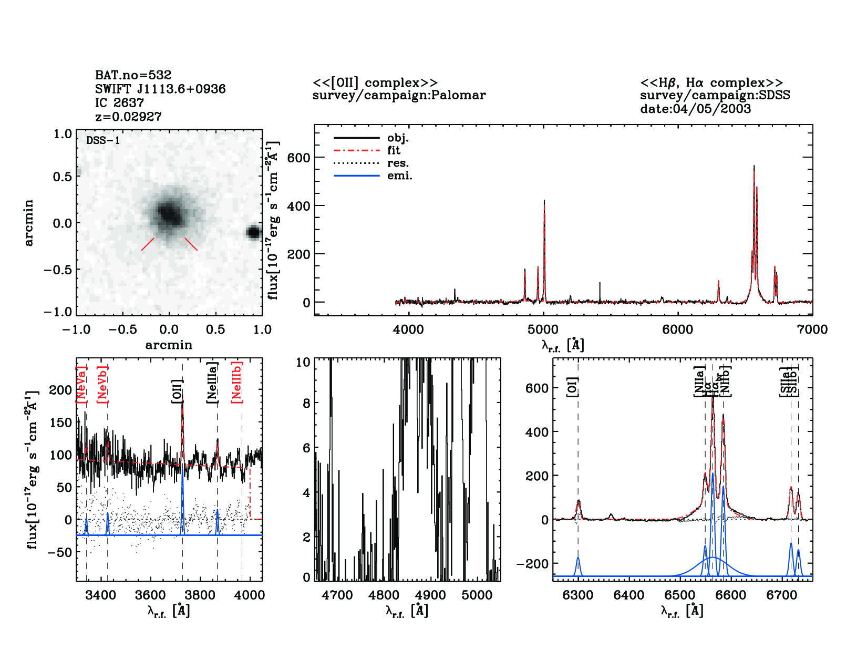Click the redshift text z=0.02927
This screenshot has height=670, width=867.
(x=128, y=117)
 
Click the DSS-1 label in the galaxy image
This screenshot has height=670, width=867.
(x=103, y=140)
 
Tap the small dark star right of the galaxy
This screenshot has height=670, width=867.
(x=254, y=232)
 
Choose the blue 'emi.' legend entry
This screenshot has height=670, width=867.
(x=373, y=176)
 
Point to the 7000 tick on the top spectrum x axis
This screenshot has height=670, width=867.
(x=812, y=329)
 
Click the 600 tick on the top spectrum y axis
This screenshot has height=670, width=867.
(x=298, y=158)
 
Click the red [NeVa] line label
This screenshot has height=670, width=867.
(x=81, y=385)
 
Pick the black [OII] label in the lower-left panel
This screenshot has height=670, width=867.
(x=177, y=391)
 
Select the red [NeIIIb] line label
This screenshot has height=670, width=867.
(x=237, y=382)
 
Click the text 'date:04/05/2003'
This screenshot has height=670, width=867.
(x=695, y=109)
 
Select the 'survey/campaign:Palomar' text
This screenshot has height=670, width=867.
(x=399, y=95)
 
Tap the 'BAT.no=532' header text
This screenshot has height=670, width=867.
(x=133, y=75)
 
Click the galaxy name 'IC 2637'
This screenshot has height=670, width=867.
(x=119, y=102)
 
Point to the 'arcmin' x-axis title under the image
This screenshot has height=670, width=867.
(x=169, y=345)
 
